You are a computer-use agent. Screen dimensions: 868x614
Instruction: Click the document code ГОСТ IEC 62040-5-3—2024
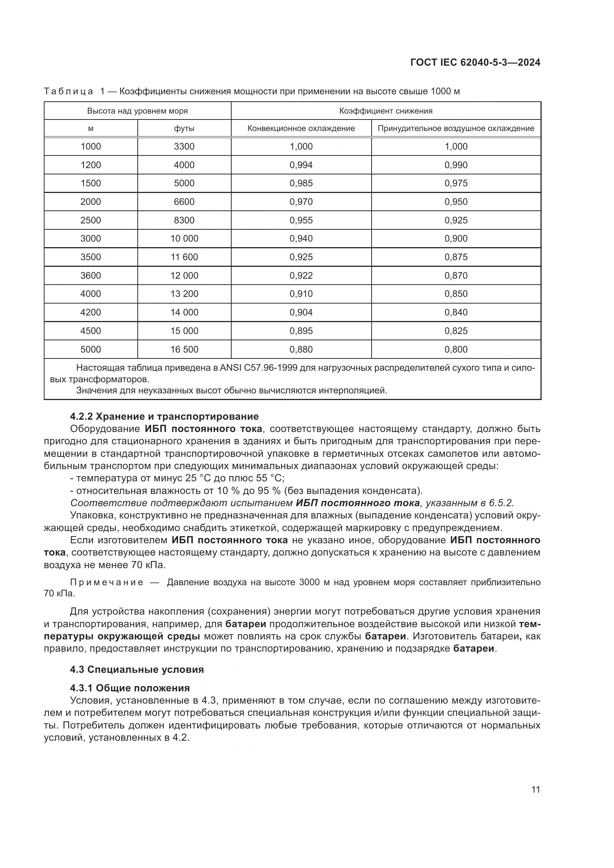(x=475, y=63)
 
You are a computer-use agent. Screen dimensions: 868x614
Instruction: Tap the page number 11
(x=535, y=789)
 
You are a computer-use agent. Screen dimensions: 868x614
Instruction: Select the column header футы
(x=184, y=128)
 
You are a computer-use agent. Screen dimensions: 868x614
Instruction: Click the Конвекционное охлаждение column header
(x=301, y=128)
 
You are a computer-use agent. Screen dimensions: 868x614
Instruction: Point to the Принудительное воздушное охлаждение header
(x=456, y=128)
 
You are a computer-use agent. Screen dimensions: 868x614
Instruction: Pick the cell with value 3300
(x=184, y=147)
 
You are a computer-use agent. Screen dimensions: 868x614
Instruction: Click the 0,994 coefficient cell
(x=301, y=165)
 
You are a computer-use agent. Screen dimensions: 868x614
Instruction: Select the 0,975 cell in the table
(x=456, y=183)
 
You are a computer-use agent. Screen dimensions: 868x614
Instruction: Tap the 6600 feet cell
(x=184, y=202)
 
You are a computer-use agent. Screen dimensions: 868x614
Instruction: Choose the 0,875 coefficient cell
(x=456, y=257)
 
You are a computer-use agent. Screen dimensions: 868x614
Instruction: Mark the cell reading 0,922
(x=301, y=276)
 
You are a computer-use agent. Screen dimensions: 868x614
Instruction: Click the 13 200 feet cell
(x=184, y=294)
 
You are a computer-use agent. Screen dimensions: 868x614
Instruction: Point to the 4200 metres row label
(x=91, y=312)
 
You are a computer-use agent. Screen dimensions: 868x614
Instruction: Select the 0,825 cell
(x=456, y=331)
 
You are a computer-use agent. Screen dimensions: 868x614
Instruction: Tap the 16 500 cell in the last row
(x=184, y=349)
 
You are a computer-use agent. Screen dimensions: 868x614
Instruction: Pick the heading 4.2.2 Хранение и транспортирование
(x=164, y=416)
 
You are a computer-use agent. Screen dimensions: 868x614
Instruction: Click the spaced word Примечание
(x=107, y=582)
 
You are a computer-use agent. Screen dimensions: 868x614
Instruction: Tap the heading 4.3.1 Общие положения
(x=130, y=688)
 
